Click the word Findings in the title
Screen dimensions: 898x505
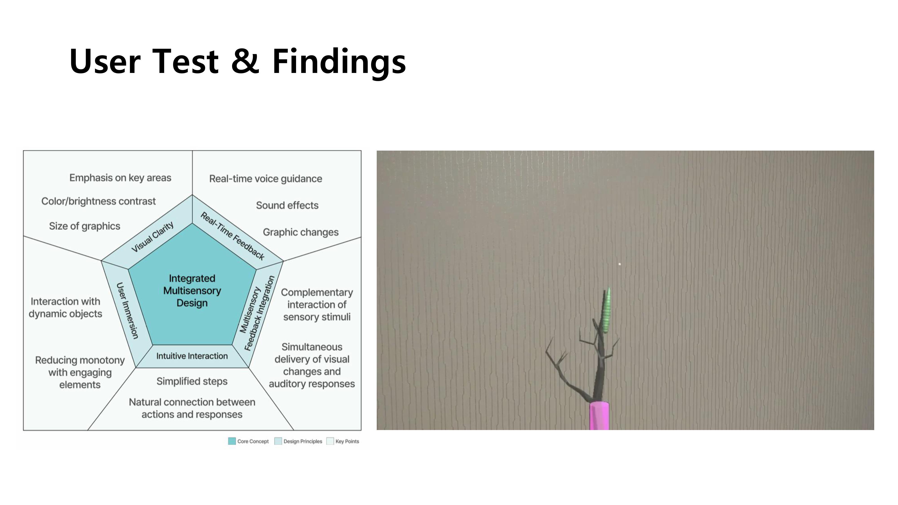tap(339, 62)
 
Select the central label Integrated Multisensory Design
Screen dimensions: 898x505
tap(192, 291)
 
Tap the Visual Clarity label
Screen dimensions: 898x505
tap(152, 237)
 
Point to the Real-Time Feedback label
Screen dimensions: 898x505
tap(233, 236)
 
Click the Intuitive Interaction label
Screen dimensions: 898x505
tap(192, 356)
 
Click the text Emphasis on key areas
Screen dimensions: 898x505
tap(120, 178)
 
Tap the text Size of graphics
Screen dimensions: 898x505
tap(85, 226)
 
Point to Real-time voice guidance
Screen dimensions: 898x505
tap(266, 179)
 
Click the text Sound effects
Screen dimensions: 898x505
tap(287, 205)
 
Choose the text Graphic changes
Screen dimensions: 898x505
tap(301, 232)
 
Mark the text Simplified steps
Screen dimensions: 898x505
tap(192, 381)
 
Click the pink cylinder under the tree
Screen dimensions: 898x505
tap(599, 416)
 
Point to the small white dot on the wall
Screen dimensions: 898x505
tap(619, 264)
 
